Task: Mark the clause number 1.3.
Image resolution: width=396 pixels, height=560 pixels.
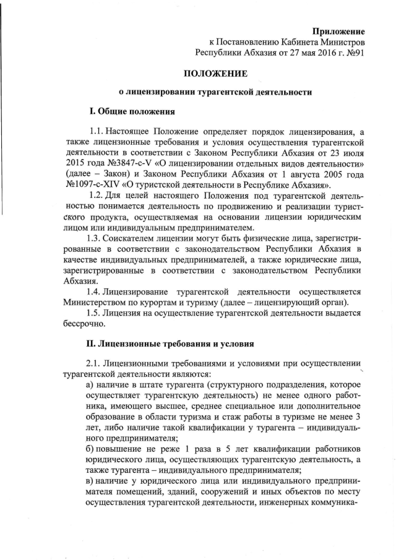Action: [96, 237]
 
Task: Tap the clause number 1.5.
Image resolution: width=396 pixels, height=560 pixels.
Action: [96, 314]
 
